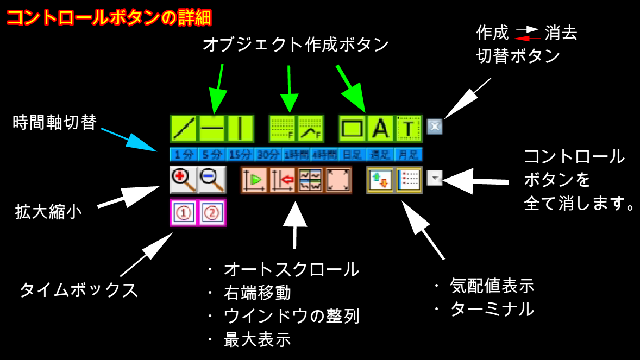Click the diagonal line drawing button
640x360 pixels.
[x=184, y=129]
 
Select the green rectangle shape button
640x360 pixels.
[x=353, y=129]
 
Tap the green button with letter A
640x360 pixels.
[x=381, y=129]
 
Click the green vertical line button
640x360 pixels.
[x=240, y=129]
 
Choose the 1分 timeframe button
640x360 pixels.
[x=184, y=154]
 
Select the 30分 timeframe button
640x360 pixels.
[x=268, y=154]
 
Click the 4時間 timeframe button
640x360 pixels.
[x=324, y=154]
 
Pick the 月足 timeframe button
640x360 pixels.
[x=408, y=154]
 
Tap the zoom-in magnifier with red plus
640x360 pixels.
[x=184, y=180]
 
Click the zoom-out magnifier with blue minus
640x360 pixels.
[x=212, y=180]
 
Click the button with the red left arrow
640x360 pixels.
[x=283, y=180]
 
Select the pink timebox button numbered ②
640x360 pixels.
[x=212, y=212]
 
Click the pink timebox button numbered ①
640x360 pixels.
[x=184, y=212]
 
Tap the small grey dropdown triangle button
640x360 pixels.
[x=435, y=178]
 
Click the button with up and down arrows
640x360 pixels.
[x=380, y=180]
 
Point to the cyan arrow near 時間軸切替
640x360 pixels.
[x=128, y=139]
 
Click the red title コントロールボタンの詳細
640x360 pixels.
[x=109, y=17]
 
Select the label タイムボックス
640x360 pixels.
[x=79, y=290]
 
